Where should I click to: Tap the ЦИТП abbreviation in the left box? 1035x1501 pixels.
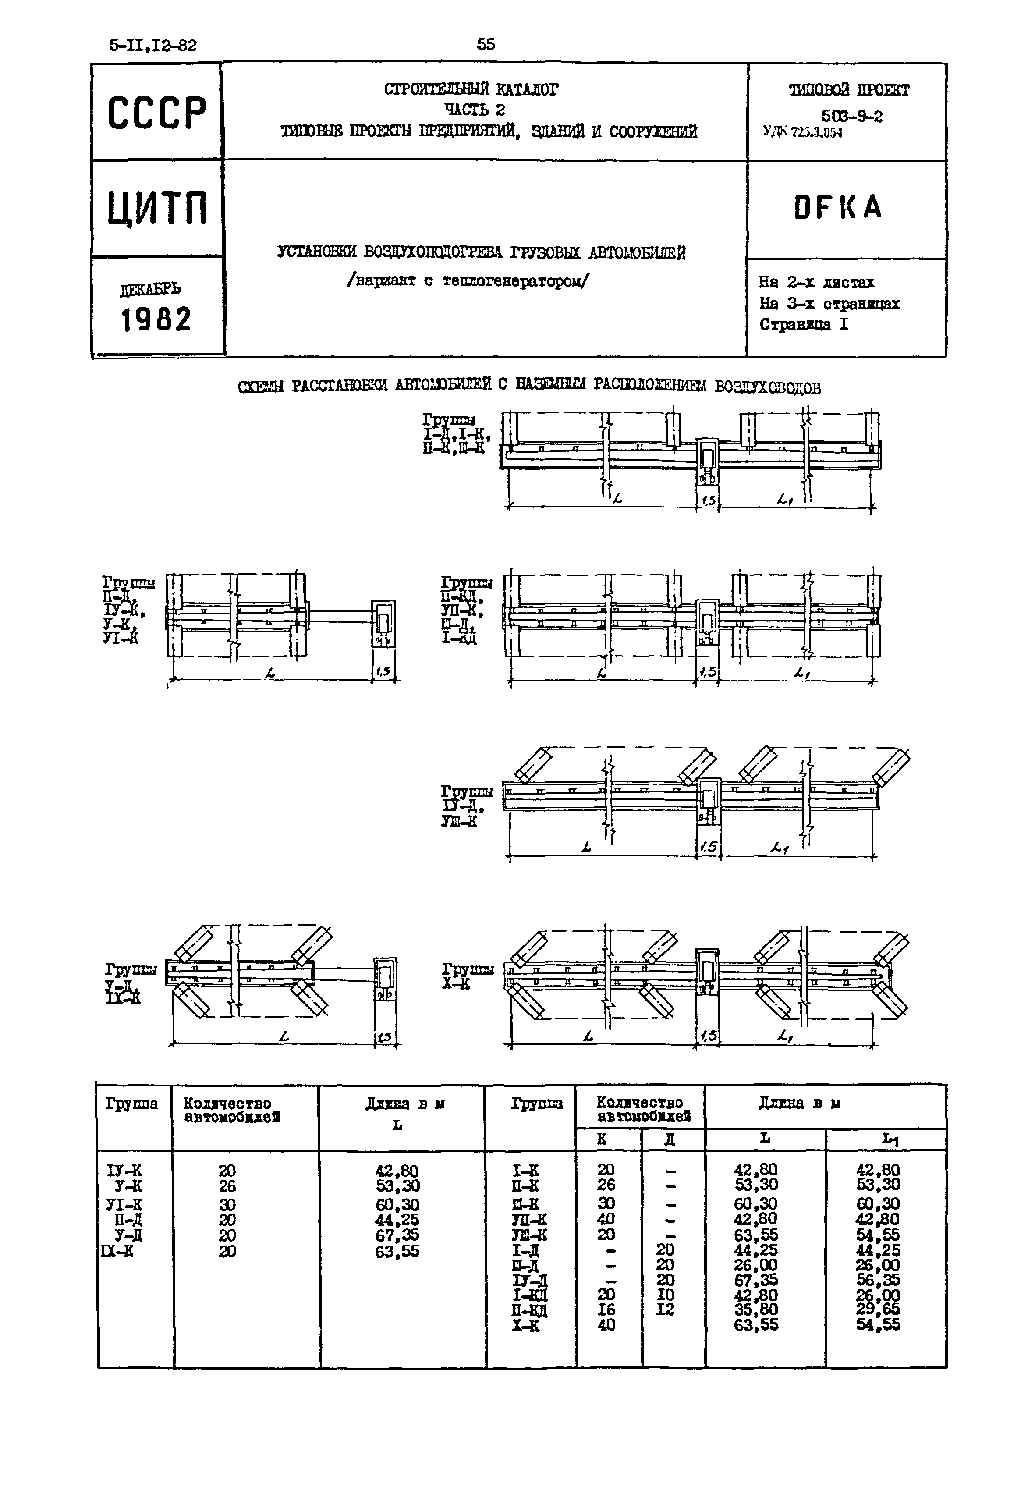point(158,208)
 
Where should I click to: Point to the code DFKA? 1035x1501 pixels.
point(838,208)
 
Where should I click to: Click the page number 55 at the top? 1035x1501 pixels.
point(486,44)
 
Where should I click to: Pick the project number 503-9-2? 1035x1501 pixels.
point(851,117)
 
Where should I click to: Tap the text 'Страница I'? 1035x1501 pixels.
point(804,324)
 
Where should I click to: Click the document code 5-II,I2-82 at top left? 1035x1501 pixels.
point(153,46)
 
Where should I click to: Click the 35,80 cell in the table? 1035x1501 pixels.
point(755,1309)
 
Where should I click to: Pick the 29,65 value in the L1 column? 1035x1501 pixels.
point(877,1309)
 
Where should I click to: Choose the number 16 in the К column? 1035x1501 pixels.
point(606,1309)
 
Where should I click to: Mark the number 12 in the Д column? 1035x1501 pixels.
point(665,1309)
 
